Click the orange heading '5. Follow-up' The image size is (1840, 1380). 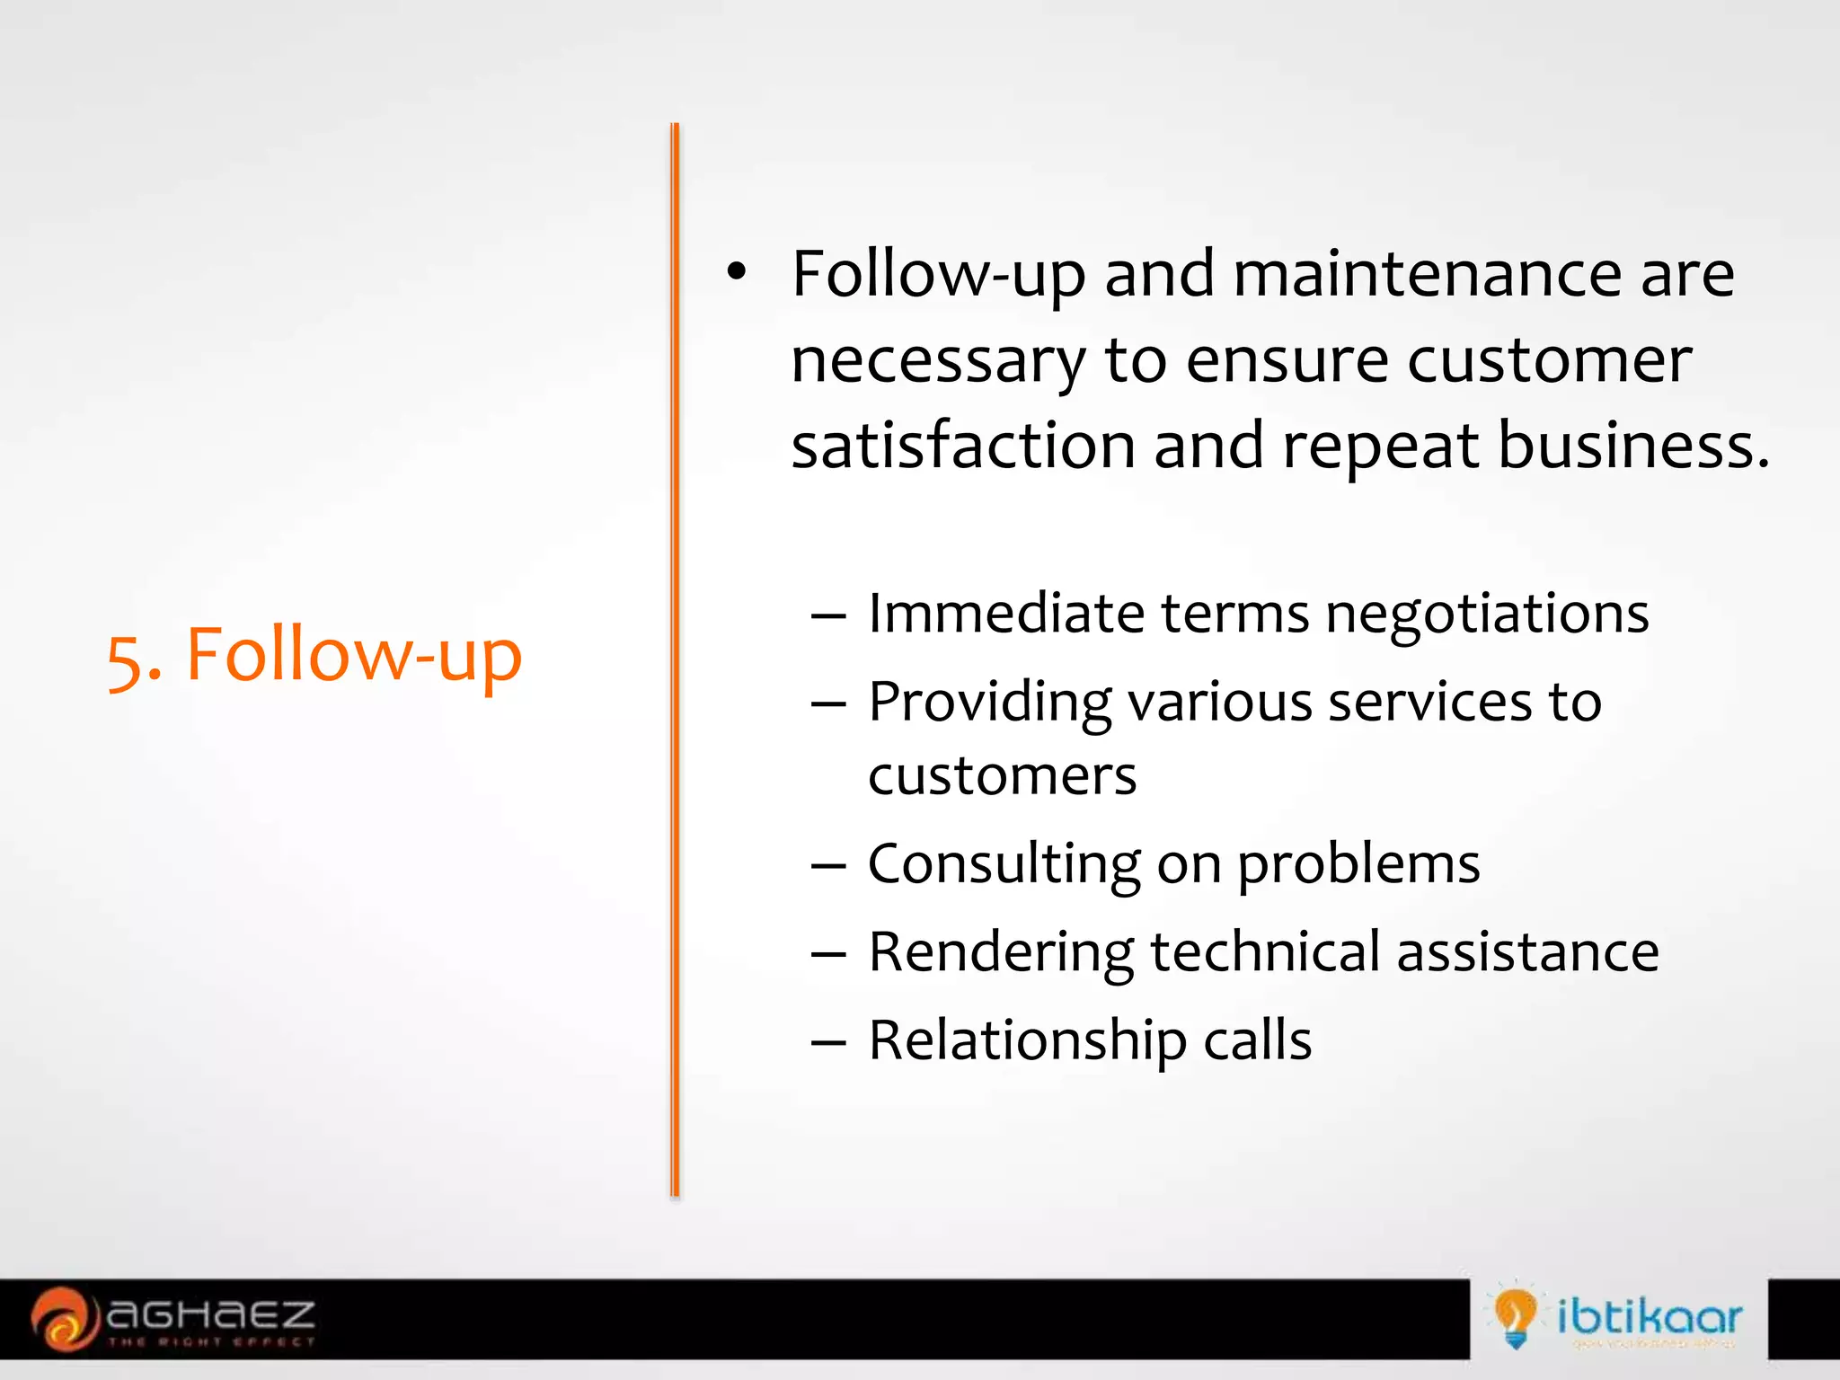314,657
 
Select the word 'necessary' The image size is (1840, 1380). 938,362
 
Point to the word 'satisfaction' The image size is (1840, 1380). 963,447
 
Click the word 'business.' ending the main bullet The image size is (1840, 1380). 1633,447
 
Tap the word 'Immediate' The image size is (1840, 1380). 1005,615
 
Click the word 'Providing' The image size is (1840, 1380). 989,703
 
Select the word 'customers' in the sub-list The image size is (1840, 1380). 1002,776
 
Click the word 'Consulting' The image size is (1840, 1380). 1004,865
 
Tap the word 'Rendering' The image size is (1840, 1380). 1001,953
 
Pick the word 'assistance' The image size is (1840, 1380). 1527,952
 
